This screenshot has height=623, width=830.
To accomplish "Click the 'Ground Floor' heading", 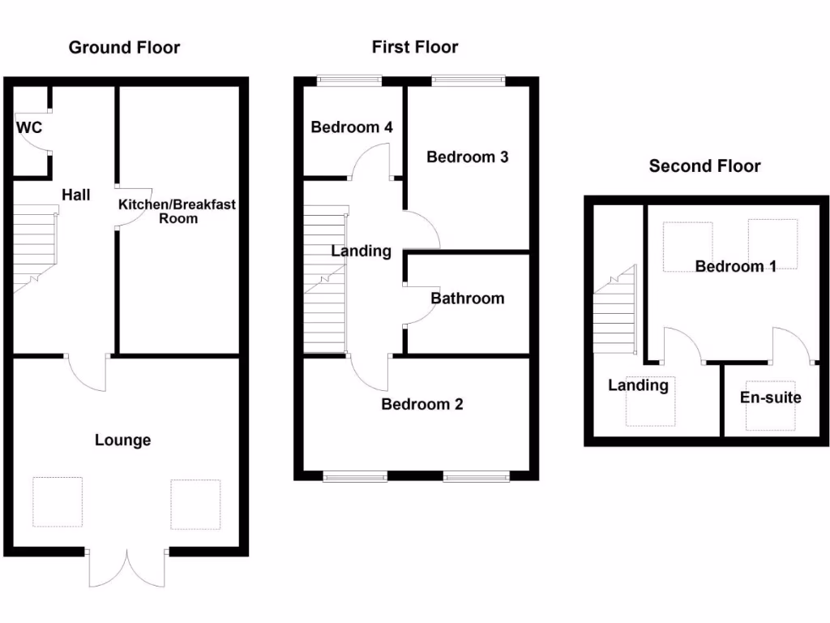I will coord(124,47).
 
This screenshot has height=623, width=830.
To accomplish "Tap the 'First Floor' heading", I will coord(415,47).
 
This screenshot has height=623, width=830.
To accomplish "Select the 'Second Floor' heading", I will coord(704,166).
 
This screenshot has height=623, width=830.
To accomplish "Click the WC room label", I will coord(29,127).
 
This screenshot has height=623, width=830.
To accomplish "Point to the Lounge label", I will coord(123,440).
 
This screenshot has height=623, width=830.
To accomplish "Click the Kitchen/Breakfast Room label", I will coord(178,211).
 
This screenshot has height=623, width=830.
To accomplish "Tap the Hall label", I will coord(76,195).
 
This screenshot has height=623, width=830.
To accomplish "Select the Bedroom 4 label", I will coord(352,127).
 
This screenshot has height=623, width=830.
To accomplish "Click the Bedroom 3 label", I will coord(468,157).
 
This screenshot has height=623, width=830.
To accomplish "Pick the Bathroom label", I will coord(467,299).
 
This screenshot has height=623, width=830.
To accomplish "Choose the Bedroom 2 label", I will coord(422,404).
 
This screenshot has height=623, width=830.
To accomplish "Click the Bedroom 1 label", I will coord(736,266).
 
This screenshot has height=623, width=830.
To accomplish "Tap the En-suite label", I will coord(770,397).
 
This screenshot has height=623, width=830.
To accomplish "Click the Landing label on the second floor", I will coord(639,385).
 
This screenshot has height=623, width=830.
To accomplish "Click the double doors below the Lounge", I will coord(127,568).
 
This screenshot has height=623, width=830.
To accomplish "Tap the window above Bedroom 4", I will coord(349,79).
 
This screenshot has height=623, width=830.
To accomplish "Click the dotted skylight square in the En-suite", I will coord(770,406).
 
